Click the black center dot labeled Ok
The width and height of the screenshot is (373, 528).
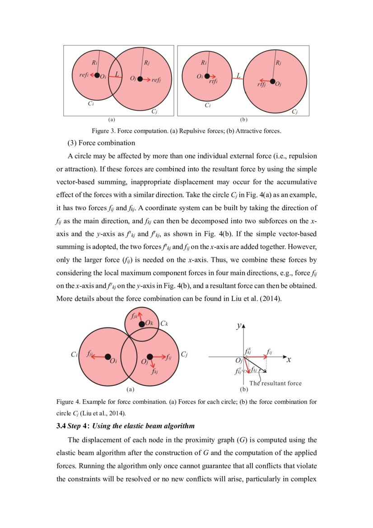(142, 324)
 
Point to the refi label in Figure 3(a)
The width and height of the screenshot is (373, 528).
(84, 75)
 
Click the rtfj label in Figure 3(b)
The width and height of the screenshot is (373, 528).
(261, 84)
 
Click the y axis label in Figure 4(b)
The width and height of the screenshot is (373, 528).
(239, 326)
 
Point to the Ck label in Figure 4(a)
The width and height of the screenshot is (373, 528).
(164, 324)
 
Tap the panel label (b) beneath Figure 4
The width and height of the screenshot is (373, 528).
(244, 389)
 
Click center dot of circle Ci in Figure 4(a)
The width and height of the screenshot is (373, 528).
(107, 357)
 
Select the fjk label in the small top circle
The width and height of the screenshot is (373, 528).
(134, 317)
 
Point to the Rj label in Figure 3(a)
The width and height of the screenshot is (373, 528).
(146, 63)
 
